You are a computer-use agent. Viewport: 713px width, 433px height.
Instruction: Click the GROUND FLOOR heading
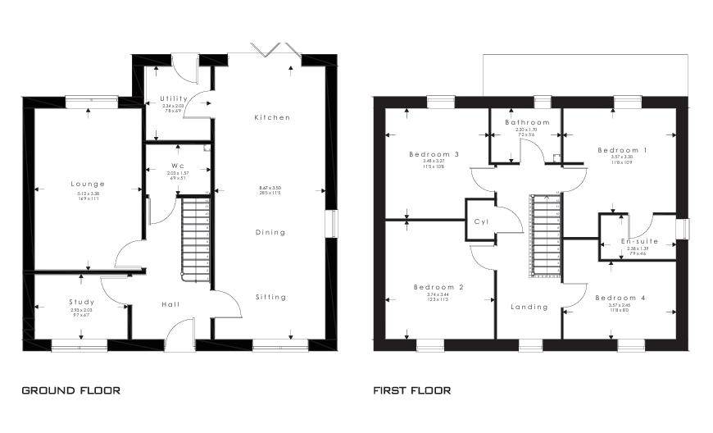pyautogui.click(x=70, y=390)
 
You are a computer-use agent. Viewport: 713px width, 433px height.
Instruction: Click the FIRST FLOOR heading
pyautogui.click(x=411, y=390)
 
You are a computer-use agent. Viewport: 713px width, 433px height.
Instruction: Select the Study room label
pyautogui.click(x=82, y=302)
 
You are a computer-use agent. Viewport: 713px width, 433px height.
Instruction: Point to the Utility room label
pyautogui.click(x=173, y=98)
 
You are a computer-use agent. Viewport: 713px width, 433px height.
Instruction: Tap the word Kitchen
pyautogui.click(x=272, y=117)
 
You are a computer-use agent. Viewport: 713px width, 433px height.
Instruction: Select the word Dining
pyautogui.click(x=270, y=232)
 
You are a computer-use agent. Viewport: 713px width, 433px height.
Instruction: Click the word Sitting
pyautogui.click(x=270, y=297)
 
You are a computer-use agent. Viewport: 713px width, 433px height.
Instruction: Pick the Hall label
pyautogui.click(x=170, y=304)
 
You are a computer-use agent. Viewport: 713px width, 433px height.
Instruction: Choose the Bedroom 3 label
pyautogui.click(x=434, y=154)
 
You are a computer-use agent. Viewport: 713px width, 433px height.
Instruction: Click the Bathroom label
pyautogui.click(x=527, y=122)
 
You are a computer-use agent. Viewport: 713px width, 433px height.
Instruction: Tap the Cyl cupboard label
pyautogui.click(x=481, y=221)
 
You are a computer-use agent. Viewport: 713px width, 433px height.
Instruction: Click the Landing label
pyautogui.click(x=529, y=307)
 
